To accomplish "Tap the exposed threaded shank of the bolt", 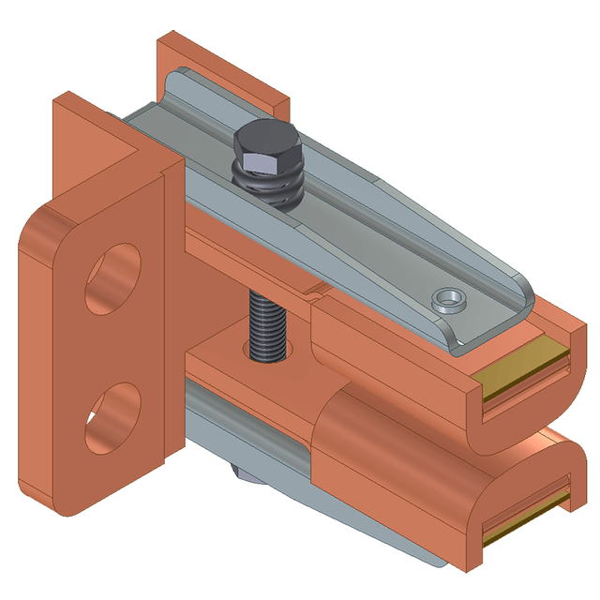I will (x=266, y=324).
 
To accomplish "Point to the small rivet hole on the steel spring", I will (x=449, y=300).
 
